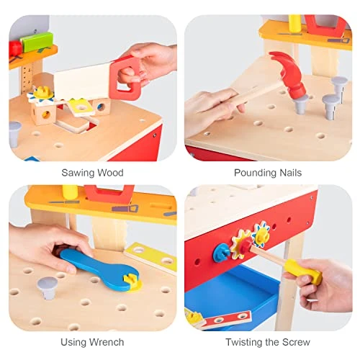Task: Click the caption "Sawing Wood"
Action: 92,173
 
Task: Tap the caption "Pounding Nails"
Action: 268,173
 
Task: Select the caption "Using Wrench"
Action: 92,342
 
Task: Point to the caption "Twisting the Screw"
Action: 268,342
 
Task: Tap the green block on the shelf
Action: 35,42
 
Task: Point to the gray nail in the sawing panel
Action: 15,133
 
